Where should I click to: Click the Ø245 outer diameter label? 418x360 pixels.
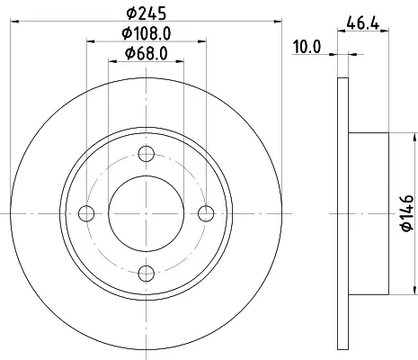click(x=147, y=13)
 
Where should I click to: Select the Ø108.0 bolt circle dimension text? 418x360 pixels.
click(x=147, y=33)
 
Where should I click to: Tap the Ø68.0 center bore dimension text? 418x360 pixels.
click(x=147, y=54)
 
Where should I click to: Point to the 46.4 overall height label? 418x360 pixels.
click(x=363, y=23)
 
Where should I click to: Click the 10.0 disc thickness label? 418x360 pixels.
click(x=307, y=47)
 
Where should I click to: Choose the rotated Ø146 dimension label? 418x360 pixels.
click(x=407, y=213)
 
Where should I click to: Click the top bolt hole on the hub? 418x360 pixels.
click(x=147, y=154)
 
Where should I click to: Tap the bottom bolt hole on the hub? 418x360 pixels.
click(x=147, y=274)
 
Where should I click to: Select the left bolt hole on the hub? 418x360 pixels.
click(x=86, y=213)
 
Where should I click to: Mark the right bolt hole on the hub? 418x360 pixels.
click(x=206, y=213)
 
